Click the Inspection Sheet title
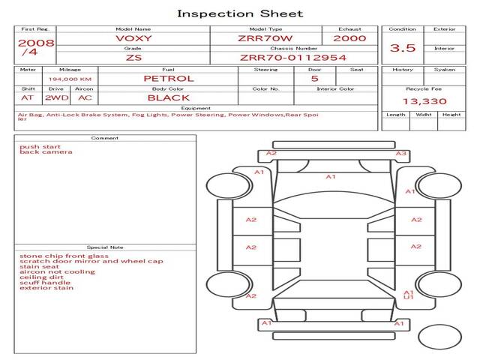point(240,13)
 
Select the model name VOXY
point(133,38)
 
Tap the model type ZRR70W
point(265,38)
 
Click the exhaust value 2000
point(349,38)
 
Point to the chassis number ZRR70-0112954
point(293,58)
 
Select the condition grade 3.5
point(403,48)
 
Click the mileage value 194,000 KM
point(70,79)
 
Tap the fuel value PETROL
point(169,79)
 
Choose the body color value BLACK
point(169,98)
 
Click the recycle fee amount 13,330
point(424,101)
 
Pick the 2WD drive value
point(57,98)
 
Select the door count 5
point(315,79)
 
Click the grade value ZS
point(133,58)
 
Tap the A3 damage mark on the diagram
point(401,153)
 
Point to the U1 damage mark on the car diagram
point(408,297)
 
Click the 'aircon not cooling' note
point(57,271)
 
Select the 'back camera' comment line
point(46,151)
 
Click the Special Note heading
point(105,247)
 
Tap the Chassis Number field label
point(293,48)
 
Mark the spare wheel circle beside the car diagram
point(439,337)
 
